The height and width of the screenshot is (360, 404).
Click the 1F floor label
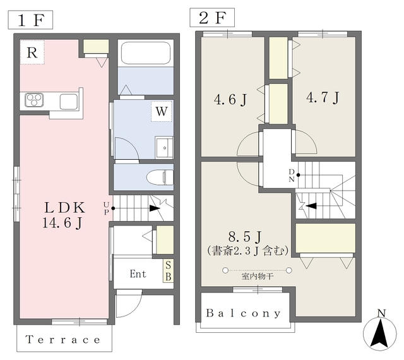[30, 20]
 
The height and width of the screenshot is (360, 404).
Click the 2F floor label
[212, 18]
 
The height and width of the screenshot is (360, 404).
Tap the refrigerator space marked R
[32, 52]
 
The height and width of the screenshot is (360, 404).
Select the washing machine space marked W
[162, 111]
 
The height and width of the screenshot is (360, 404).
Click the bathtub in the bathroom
[146, 53]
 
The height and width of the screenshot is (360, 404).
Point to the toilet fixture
[160, 177]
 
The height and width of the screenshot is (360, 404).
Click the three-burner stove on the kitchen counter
[33, 100]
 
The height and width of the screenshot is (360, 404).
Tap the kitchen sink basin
[69, 102]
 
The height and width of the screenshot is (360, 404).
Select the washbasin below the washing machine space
[164, 147]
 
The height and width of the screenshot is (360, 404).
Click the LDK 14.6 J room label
[64, 215]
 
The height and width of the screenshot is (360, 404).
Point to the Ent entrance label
[138, 273]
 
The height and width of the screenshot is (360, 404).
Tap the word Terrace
[63, 339]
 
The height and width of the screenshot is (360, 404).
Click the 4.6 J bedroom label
[230, 99]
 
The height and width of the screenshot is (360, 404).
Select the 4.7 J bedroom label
[323, 98]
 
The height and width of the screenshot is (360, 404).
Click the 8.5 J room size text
[245, 236]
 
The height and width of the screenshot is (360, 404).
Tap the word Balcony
[243, 313]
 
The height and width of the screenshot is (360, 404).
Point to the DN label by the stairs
[292, 176]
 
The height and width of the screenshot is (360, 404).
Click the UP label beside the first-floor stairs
[106, 208]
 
